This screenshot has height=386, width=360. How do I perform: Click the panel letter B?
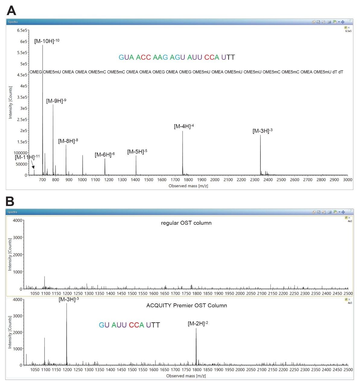pos(10,201)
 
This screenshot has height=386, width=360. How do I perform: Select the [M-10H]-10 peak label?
pos(46,41)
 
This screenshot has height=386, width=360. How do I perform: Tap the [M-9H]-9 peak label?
pos(56,101)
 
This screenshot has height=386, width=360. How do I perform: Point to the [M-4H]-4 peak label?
pos(183,126)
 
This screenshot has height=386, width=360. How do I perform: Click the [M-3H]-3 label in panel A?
pos(262,131)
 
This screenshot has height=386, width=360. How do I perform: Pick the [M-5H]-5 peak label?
pos(137,152)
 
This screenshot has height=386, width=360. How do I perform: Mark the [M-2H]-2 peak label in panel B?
pos(198,324)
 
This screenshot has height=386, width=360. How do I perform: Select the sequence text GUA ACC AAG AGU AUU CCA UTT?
pos(177,57)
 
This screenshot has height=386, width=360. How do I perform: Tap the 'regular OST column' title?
pos(186,223)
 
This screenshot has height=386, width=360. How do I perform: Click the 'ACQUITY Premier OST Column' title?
pos(186,305)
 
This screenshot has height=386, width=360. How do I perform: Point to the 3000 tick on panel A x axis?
pos(348,180)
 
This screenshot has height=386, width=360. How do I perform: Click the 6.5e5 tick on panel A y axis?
pos(22,30)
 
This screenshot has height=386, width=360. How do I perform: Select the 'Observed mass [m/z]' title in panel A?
pos(188,186)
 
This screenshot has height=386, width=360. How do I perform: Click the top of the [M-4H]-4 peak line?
pos(183,131)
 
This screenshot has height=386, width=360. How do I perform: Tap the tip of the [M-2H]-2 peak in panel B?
pos(196,328)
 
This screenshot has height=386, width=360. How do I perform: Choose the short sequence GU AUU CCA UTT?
pos(129,325)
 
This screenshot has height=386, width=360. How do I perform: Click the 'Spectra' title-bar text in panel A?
pos(13,22)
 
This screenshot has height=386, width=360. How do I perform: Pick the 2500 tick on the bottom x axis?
pos(348,370)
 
